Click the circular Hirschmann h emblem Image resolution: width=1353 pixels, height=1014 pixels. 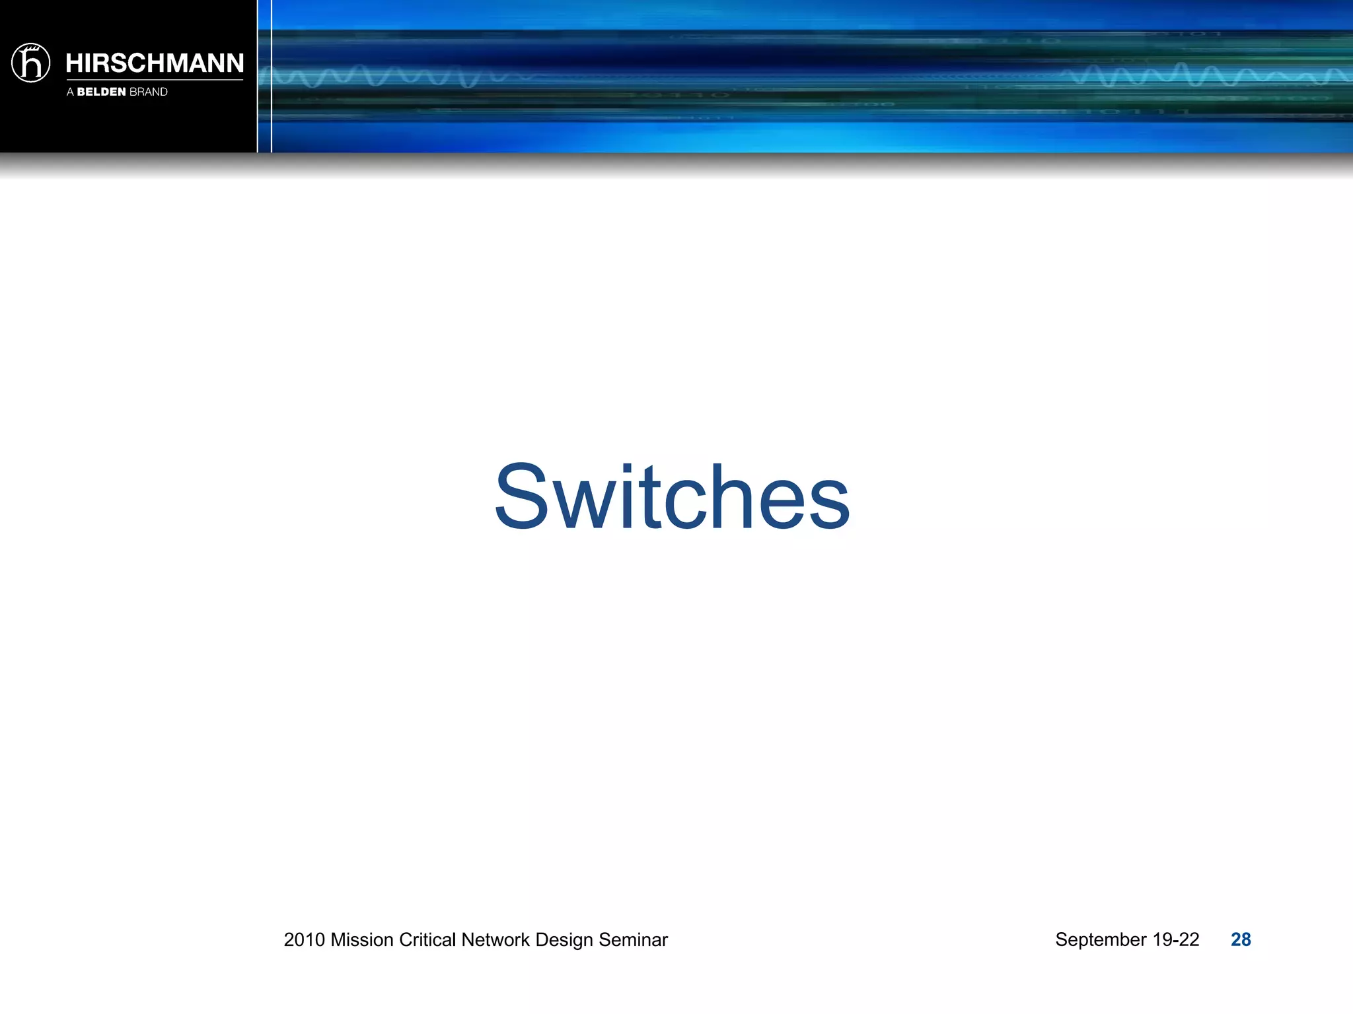[30, 63]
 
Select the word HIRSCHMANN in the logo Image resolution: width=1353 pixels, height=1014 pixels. [155, 63]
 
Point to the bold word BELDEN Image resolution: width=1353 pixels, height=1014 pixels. [101, 92]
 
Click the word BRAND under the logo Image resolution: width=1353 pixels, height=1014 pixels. [149, 92]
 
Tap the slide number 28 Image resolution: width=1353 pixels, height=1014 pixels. [1241, 939]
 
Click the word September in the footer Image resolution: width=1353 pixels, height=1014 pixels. [1101, 939]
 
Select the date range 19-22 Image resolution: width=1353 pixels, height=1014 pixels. [1176, 939]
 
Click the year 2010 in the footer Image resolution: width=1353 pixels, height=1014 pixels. [305, 939]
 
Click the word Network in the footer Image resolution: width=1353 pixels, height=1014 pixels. [495, 939]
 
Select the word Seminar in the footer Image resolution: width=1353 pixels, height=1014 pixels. [634, 939]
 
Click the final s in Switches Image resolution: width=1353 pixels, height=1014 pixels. [828, 505]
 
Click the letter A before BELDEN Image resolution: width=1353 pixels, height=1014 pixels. [70, 92]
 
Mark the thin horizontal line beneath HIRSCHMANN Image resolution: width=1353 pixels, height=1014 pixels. [155, 80]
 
